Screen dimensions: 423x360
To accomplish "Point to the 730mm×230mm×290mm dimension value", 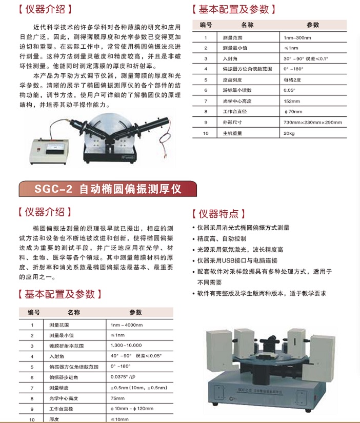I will pos(312,123).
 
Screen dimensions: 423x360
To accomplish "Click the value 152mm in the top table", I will pos(291,101).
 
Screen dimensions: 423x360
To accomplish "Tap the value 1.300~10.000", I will pos(126,345).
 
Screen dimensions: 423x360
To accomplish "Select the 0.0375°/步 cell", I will pos(124,377).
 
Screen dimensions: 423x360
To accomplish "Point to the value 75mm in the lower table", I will pos(117,398).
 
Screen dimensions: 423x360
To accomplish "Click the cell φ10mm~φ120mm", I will pos(132,409).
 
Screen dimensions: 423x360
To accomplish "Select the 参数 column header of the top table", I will pos(313,25).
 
